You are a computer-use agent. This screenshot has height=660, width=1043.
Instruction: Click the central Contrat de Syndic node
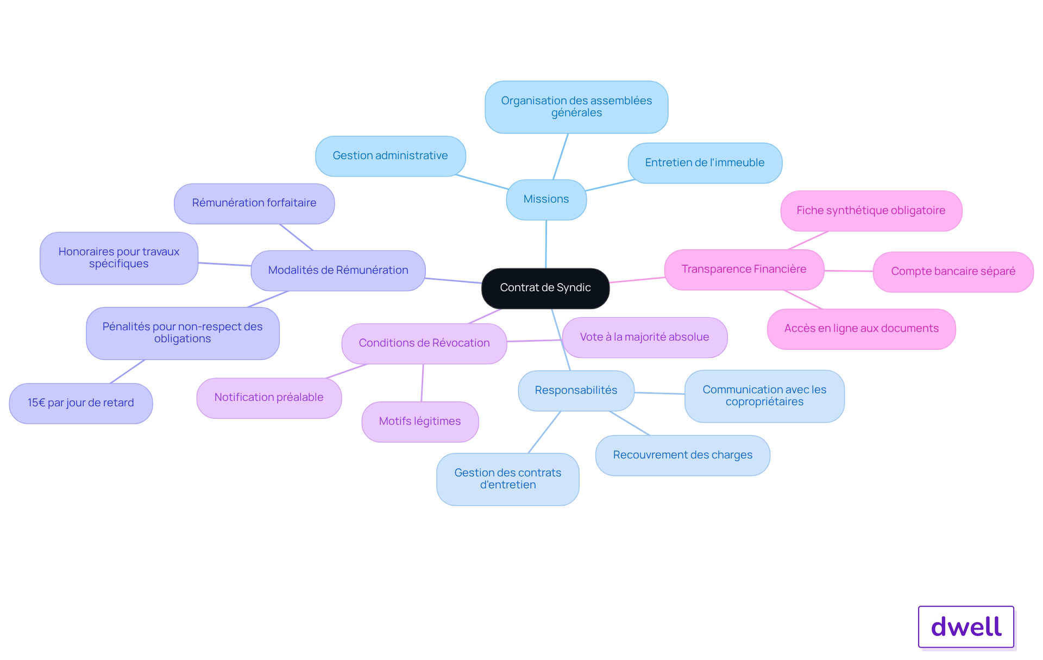[x=545, y=288]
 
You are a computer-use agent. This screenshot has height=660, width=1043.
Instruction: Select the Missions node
[x=546, y=199]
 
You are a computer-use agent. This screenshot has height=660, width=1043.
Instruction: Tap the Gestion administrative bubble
[x=391, y=156]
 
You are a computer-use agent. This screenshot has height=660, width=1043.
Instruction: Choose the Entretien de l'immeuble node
[x=705, y=163]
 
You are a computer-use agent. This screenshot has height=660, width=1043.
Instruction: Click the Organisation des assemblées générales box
[x=576, y=107]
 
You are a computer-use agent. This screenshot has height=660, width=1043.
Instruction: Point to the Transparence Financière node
[x=744, y=269]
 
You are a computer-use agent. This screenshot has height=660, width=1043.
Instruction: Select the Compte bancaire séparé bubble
[x=953, y=272]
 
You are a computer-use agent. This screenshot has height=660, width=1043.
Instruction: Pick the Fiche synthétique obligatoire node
[x=871, y=211]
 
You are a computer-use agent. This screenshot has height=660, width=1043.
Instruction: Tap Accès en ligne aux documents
[x=862, y=329]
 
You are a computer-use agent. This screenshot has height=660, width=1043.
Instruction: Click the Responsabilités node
[x=576, y=391]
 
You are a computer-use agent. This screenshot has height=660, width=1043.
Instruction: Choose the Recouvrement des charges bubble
[x=683, y=455]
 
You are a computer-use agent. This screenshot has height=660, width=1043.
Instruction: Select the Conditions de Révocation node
[x=424, y=343]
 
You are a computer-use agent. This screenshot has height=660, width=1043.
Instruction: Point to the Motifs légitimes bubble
[x=420, y=422]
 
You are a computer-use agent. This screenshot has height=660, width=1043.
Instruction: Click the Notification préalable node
[x=269, y=398]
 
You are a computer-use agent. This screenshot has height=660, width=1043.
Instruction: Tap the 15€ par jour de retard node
[x=81, y=403]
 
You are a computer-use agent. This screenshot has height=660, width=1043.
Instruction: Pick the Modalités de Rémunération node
[x=338, y=271]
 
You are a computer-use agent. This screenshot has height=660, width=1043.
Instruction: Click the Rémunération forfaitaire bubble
[x=254, y=203]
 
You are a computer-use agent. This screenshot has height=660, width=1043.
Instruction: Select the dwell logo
[x=966, y=627]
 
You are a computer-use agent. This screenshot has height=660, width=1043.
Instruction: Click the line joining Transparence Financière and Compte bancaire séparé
[x=849, y=271]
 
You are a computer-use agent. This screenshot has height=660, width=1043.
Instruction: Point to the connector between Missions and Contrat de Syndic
[x=546, y=244]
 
